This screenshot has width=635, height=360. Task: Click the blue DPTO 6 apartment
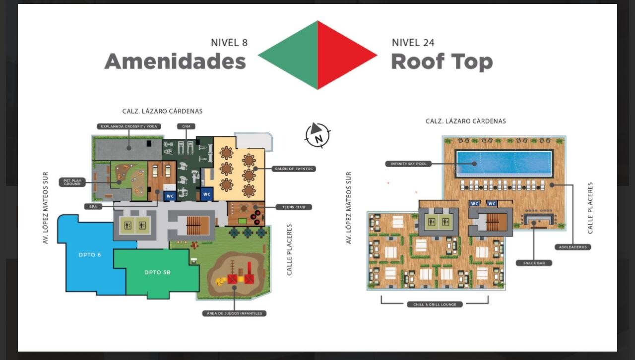(90, 255)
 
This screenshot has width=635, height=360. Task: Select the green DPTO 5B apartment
(157, 272)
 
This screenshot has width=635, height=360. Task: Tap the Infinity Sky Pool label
(409, 164)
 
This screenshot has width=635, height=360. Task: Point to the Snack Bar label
(534, 263)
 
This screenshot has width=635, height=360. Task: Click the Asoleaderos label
(573, 247)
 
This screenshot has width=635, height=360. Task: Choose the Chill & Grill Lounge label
(435, 304)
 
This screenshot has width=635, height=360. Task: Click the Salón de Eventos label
(294, 169)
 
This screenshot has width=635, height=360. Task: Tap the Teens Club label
(294, 207)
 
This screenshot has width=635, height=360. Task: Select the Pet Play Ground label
(72, 182)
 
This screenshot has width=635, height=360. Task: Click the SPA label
(93, 206)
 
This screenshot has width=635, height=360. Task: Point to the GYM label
(186, 126)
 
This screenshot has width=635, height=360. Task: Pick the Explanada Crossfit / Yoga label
(129, 126)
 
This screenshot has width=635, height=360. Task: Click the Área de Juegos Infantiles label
(235, 313)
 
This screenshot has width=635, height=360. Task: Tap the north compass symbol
(317, 135)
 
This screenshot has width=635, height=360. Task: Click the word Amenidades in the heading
(175, 61)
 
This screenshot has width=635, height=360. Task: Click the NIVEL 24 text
(413, 43)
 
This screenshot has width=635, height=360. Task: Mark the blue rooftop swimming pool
(504, 163)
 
